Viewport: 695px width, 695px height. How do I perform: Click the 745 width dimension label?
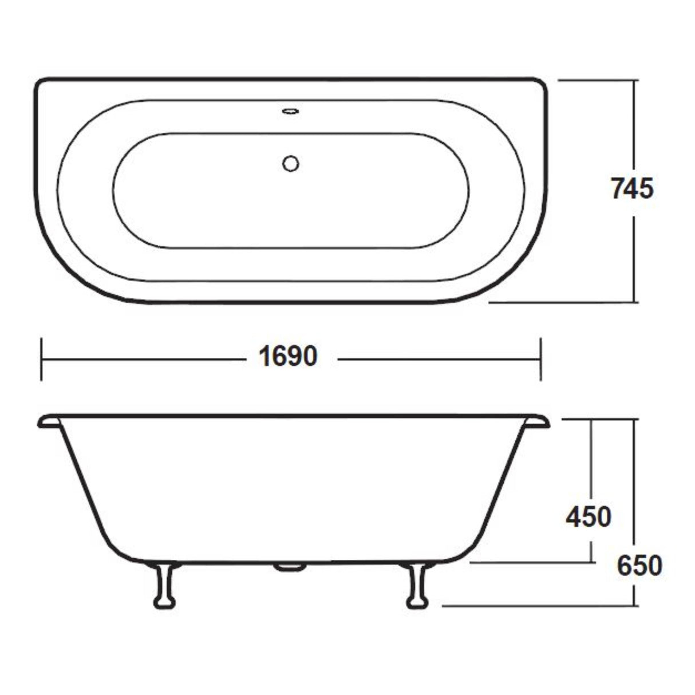[631, 188]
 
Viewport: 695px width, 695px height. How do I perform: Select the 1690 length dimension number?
[288, 358]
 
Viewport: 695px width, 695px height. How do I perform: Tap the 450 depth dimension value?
[588, 518]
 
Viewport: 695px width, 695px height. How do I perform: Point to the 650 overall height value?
[639, 566]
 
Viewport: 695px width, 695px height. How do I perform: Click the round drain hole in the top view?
[291, 164]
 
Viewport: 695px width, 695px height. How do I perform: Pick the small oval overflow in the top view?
[291, 111]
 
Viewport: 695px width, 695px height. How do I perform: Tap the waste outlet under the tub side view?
[290, 567]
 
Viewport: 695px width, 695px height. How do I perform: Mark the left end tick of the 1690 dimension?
[41, 360]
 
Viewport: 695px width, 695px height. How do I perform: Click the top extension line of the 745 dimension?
[595, 81]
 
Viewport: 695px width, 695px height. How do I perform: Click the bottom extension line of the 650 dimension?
[538, 605]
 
